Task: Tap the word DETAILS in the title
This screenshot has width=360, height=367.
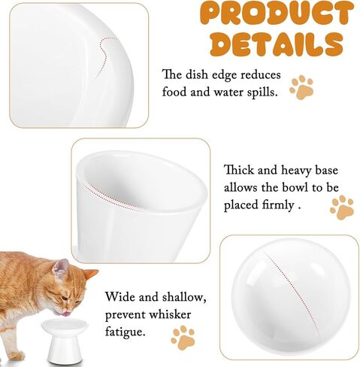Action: pyautogui.click(x=277, y=44)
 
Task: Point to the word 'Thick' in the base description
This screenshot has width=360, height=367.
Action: pyautogui.click(x=239, y=170)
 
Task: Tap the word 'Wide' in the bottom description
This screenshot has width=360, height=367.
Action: pyautogui.click(x=119, y=296)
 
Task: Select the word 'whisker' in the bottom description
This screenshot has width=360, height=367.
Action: pyautogui.click(x=170, y=314)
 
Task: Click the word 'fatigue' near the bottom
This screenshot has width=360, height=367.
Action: pyautogui.click(x=126, y=332)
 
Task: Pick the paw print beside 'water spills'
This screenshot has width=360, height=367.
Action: pyautogui.click(x=301, y=87)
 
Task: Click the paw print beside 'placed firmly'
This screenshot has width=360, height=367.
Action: pyautogui.click(x=342, y=208)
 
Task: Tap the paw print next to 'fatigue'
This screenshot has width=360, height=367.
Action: pyautogui.click(x=183, y=338)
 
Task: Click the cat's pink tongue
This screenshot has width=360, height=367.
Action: pyautogui.click(x=66, y=314)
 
